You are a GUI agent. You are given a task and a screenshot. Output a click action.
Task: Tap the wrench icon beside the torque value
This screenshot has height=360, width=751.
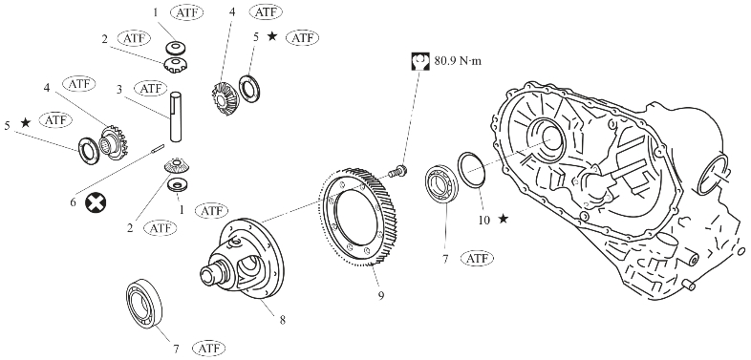click(x=420, y=62)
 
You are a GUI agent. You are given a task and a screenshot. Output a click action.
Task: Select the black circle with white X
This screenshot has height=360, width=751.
click(x=96, y=203)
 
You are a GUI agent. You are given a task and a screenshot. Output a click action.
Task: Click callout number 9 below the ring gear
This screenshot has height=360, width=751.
click(x=381, y=296)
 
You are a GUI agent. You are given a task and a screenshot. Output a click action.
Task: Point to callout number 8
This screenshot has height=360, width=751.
click(x=283, y=320)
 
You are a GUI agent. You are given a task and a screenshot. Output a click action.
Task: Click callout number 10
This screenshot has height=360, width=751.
click(x=484, y=220)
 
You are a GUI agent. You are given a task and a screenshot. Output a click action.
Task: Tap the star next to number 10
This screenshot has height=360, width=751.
click(x=503, y=219)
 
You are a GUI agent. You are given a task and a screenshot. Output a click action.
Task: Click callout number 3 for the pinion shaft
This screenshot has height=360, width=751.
click(x=119, y=90)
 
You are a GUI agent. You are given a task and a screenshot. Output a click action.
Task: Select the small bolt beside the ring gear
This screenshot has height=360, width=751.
click(x=397, y=171)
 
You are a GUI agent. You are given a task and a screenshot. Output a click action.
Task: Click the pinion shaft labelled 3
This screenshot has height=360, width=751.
click(x=176, y=116)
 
